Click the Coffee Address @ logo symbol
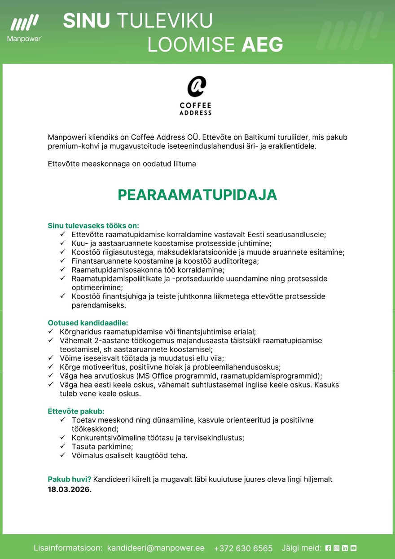(196, 87)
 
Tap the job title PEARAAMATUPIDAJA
(197, 195)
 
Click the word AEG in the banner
(262, 45)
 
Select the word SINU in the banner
(87, 21)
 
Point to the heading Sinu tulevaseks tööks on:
(93, 225)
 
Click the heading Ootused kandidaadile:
(88, 322)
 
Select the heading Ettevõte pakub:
(76, 411)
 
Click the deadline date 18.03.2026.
(70, 489)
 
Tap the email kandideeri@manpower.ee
(156, 548)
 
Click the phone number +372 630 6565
(243, 548)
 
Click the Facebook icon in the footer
(328, 548)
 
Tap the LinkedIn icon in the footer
(345, 548)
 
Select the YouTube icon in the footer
(353, 548)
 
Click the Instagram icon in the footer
(336, 548)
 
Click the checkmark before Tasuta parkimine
(62, 446)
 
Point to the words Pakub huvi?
(70, 479)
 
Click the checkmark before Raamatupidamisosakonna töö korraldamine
(62, 269)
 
